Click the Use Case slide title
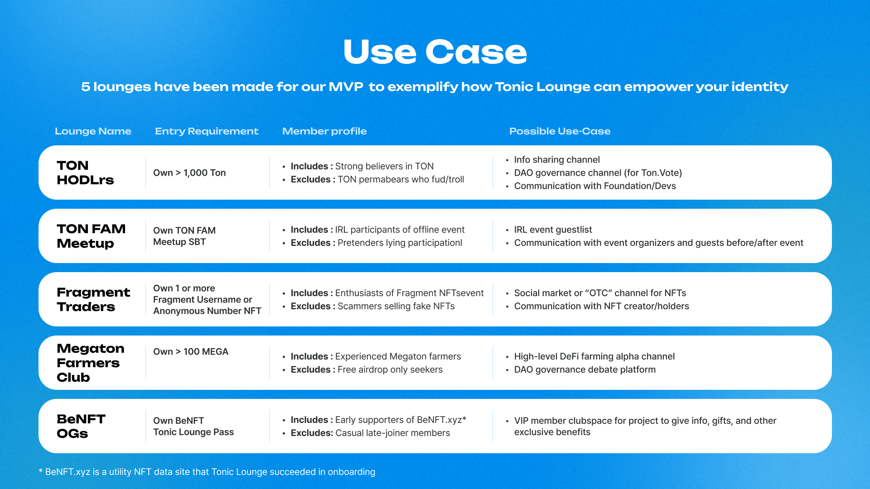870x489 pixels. click(435, 52)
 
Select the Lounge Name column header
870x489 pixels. click(93, 131)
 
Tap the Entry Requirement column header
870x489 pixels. click(207, 131)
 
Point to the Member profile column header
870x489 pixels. click(324, 131)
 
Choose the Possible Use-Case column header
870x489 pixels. click(560, 131)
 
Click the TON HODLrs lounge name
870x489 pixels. click(85, 173)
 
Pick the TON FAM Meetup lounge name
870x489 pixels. click(91, 236)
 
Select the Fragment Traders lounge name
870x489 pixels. click(93, 299)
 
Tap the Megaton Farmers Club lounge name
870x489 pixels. click(90, 363)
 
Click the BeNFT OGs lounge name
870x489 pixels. click(81, 426)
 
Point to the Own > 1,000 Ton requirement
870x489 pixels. click(189, 173)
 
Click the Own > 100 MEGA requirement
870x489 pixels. click(191, 352)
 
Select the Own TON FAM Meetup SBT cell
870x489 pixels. click(184, 236)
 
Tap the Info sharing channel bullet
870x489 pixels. click(556, 160)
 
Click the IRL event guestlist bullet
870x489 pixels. click(553, 230)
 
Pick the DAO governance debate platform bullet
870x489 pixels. click(585, 370)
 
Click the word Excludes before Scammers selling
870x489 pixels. click(310, 307)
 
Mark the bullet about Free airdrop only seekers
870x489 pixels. click(390, 370)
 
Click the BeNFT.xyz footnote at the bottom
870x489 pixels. click(207, 472)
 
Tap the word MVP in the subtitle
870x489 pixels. click(346, 87)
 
